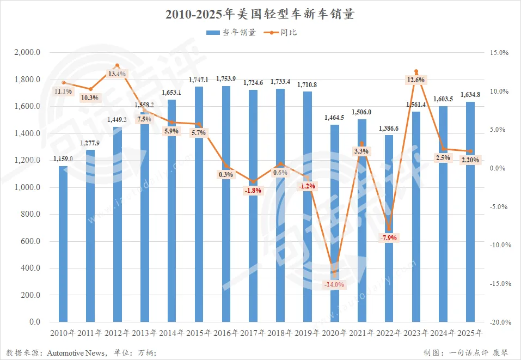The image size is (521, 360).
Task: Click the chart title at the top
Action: point(260,15)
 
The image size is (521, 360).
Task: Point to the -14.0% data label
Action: point(334,284)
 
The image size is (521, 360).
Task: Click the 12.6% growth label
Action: point(415,80)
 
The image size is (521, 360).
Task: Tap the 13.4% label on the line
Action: point(117,74)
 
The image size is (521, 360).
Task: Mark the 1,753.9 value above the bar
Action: point(226,79)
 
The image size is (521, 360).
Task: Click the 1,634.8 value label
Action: point(470,94)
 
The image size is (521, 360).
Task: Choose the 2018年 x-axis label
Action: point(280,333)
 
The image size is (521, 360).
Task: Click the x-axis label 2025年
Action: point(470,333)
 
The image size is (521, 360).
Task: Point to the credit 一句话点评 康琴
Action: point(479,352)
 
